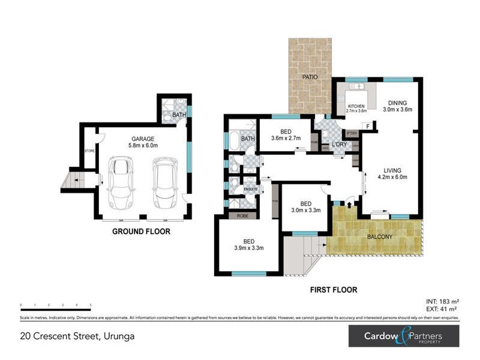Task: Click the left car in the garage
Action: (121, 182)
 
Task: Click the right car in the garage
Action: (164, 182)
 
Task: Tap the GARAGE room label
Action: (143, 137)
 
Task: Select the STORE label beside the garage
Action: (89, 150)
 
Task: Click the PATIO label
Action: (310, 77)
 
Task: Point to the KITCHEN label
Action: (356, 106)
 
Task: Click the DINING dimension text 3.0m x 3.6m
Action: (398, 110)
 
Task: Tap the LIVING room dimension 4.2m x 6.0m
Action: (393, 177)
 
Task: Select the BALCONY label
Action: (380, 236)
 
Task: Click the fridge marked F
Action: (368, 126)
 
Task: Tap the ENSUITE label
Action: (250, 190)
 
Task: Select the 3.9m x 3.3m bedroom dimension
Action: (248, 247)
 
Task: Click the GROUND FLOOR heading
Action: (142, 231)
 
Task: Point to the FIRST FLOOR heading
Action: (333, 290)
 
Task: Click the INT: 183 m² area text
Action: (441, 301)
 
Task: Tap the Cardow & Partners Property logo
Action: (404, 337)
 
